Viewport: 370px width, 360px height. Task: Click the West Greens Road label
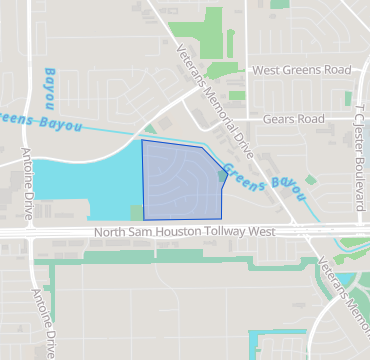tap(302, 70)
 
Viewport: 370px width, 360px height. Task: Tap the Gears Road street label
tap(294, 118)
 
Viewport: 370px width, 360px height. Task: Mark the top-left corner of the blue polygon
tap(142, 141)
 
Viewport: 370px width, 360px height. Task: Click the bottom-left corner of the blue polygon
tap(144, 219)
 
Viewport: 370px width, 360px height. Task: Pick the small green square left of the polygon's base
tap(136, 212)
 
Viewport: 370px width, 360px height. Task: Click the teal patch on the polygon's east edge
tap(222, 177)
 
